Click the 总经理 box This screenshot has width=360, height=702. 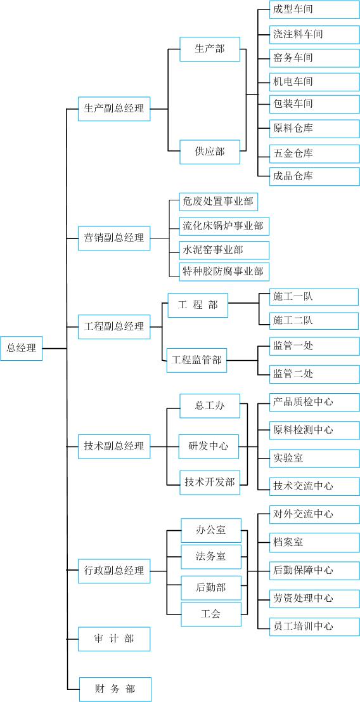click(22, 348)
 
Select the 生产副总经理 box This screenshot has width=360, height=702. click(114, 108)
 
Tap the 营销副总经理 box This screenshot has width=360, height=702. click(114, 238)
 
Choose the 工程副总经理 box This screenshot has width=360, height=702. click(114, 327)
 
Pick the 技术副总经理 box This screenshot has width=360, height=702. click(114, 446)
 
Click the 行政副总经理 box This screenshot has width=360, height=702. click(114, 571)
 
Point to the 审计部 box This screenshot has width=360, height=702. click(114, 639)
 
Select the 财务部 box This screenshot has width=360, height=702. click(115, 689)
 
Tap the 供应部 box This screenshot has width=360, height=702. click(210, 152)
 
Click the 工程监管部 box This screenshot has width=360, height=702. click(197, 360)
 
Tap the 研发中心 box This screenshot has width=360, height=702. click(209, 446)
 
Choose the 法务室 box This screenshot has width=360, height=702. click(211, 557)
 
